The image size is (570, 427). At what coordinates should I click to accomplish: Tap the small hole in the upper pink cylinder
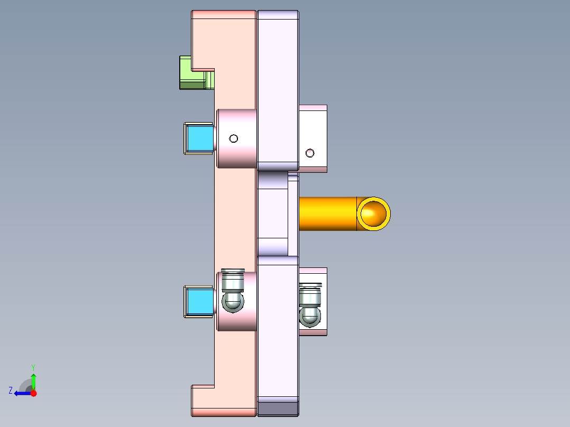233,139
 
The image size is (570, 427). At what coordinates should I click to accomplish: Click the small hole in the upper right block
310,153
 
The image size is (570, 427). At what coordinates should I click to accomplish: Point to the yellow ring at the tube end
374,213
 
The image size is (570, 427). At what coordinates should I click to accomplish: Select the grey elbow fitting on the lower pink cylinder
233,290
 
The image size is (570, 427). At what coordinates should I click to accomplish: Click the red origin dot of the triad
34,393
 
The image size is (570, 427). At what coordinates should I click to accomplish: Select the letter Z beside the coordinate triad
11,390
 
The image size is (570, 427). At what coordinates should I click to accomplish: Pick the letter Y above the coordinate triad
33,367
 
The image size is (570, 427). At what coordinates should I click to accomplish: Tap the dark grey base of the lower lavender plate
278,408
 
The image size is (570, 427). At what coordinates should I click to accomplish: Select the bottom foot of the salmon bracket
222,402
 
